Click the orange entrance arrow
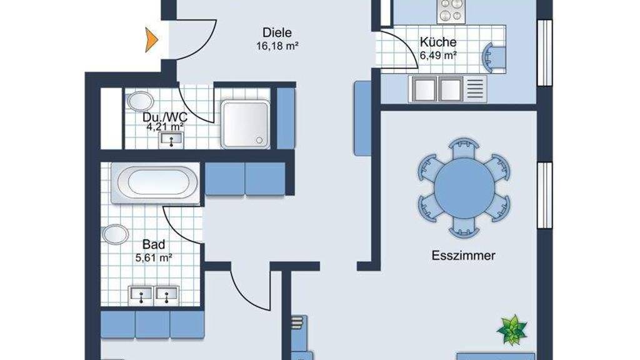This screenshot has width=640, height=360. [x=151, y=39]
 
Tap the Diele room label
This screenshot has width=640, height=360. [x=277, y=32]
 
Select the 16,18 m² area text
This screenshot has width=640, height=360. [x=277, y=46]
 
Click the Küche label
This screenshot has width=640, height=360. [x=438, y=42]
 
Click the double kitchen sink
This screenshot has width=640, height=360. [x=437, y=89]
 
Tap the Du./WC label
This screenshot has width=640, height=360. [x=165, y=117]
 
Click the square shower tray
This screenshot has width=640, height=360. [x=245, y=124]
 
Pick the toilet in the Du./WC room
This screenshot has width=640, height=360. [x=140, y=101]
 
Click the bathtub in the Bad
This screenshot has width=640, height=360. [x=155, y=183]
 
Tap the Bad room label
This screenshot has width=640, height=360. [x=154, y=244]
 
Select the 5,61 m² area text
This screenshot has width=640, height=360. [x=154, y=258]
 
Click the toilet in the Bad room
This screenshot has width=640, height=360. [x=116, y=235]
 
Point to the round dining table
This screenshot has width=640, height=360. [x=464, y=188]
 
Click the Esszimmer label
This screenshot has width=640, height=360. [x=463, y=256]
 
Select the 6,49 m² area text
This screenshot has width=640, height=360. [x=438, y=56]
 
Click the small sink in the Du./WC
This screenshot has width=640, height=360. [x=171, y=140]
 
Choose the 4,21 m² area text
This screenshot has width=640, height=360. [x=165, y=127]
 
